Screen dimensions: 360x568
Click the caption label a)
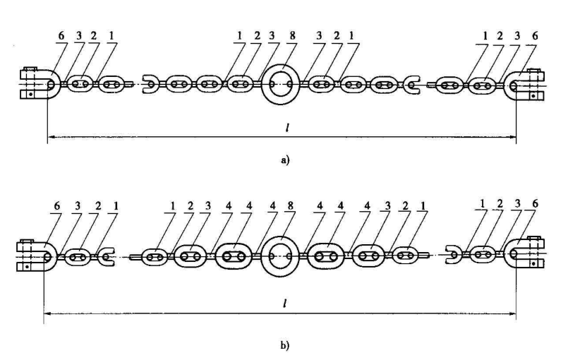pos(284,161)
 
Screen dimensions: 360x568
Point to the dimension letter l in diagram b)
pos(283,301)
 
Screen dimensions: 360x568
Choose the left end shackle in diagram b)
pos(35,256)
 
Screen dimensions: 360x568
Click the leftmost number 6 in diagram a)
pos(60,35)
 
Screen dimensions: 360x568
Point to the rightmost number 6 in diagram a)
pos(532,35)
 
